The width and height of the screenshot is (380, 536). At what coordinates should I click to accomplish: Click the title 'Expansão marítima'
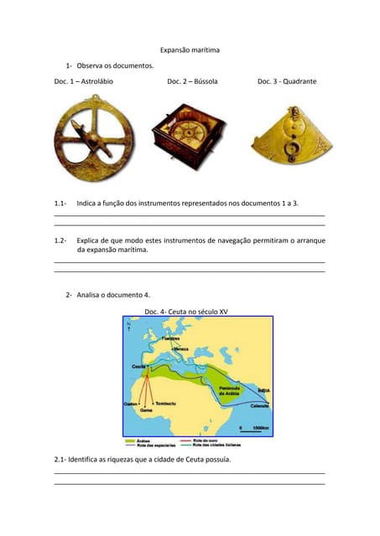tap(190, 50)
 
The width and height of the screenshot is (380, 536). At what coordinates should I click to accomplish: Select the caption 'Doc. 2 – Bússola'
tap(192, 81)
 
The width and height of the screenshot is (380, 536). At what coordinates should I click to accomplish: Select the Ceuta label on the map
tap(138, 367)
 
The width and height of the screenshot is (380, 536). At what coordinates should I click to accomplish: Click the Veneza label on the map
tap(181, 349)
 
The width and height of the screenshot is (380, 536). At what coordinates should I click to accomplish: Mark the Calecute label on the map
tap(261, 405)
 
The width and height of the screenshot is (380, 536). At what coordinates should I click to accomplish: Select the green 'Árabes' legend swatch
tap(129, 438)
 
